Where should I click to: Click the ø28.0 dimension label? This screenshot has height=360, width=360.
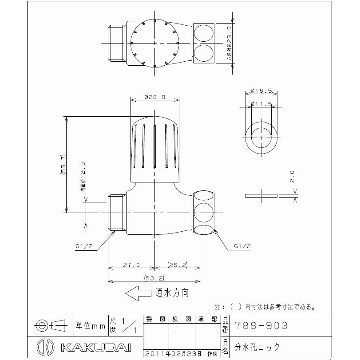(x=155, y=97)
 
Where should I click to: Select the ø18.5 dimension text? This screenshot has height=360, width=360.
(x=261, y=91)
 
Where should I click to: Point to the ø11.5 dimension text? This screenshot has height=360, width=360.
(x=261, y=104)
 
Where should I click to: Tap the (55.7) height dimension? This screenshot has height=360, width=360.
(x=64, y=164)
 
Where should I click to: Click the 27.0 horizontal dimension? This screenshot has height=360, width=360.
(x=131, y=265)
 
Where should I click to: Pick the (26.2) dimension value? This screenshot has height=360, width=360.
(x=178, y=265)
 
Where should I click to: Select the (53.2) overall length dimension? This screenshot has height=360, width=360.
(x=154, y=278)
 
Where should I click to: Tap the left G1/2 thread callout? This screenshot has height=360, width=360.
(x=85, y=246)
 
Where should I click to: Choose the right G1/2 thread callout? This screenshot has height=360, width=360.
(x=242, y=246)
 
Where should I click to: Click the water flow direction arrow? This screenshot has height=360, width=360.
(x=138, y=293)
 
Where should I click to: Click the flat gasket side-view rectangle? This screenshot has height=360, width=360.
(x=261, y=195)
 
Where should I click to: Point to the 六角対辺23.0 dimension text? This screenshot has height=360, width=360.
(x=229, y=44)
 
